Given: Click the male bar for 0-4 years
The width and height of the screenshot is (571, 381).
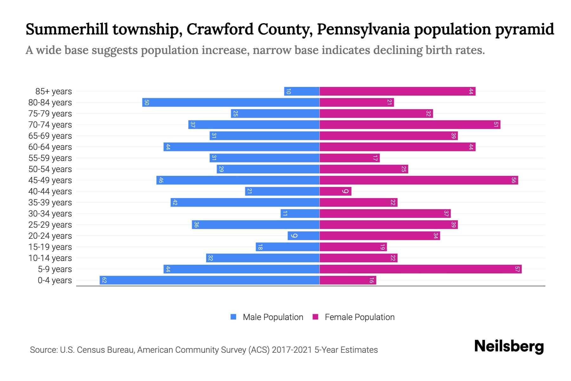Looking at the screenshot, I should click(209, 280).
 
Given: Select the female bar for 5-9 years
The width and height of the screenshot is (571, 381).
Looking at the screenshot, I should click(420, 269).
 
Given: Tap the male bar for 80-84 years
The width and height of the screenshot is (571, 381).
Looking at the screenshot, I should click(231, 102).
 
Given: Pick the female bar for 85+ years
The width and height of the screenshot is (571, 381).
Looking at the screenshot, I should click(397, 91).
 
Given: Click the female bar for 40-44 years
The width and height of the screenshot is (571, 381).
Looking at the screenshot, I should click(335, 191).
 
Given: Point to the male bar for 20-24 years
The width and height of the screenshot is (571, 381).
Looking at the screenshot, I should click(303, 236).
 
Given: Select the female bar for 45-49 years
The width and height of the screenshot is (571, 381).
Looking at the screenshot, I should click(419, 180).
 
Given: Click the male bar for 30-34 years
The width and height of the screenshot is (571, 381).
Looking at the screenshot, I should click(300, 213).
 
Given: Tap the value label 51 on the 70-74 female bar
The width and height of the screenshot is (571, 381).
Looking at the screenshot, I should click(496, 124).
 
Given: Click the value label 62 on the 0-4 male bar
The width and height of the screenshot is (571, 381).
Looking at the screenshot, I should click(104, 280).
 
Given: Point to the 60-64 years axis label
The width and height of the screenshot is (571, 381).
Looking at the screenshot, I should click(50, 147).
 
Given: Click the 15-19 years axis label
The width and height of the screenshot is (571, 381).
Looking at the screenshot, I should click(50, 247).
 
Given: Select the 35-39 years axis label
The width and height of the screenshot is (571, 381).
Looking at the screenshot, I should click(50, 203).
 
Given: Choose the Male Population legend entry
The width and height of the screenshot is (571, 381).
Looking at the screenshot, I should click(273, 317).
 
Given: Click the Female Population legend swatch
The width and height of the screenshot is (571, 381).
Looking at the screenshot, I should click(315, 317).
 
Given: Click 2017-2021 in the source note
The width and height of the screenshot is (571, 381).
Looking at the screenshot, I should click(292, 350).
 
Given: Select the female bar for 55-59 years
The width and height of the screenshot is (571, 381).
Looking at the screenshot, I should click(349, 158).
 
